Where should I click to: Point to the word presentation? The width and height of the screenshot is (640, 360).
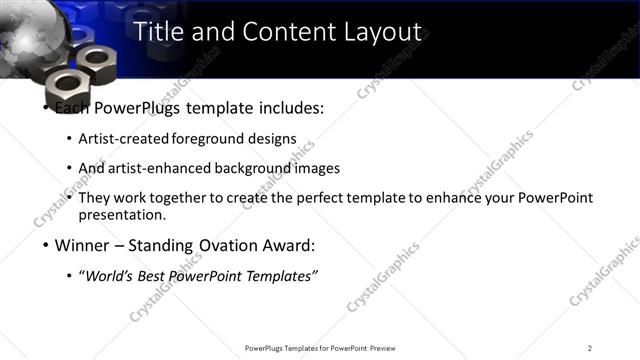tap(121, 214)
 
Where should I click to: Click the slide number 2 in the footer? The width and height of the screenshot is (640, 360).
tap(590, 348)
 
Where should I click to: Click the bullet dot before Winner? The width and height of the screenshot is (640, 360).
tap(45, 245)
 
